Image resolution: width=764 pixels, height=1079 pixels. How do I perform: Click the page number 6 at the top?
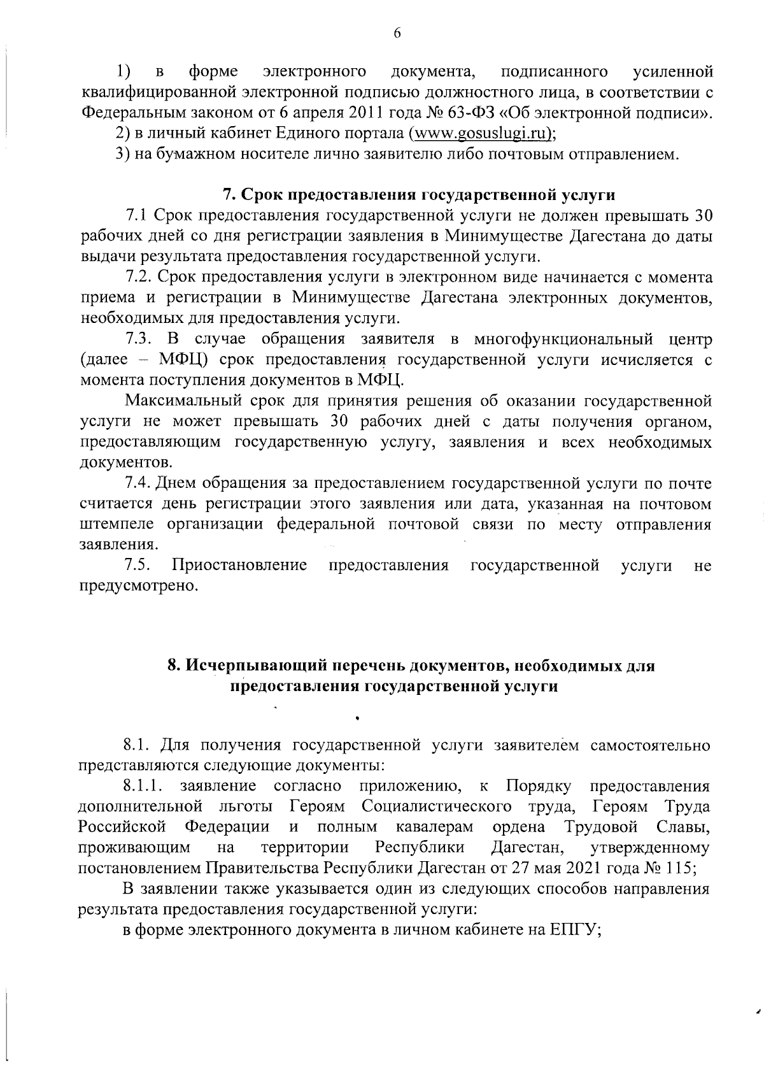tap(395, 34)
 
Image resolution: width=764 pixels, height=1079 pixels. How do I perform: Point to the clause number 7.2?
tap(138, 277)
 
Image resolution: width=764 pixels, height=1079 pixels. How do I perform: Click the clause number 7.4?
tap(138, 483)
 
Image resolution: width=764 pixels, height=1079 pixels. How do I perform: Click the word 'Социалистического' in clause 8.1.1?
tap(437, 806)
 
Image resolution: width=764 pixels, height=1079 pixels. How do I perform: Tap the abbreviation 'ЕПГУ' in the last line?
tap(574, 929)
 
